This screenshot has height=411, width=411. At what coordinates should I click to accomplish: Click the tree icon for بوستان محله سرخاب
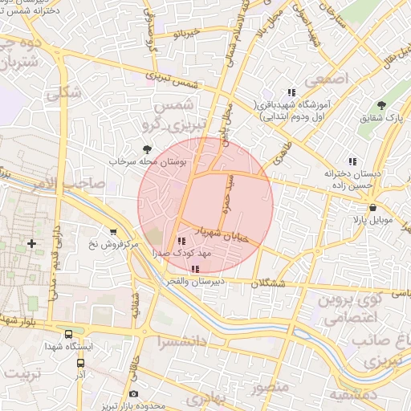(x=146, y=149)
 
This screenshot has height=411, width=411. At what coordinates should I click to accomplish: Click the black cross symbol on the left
(x=31, y=242)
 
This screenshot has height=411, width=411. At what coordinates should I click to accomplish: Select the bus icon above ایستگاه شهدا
(x=68, y=334)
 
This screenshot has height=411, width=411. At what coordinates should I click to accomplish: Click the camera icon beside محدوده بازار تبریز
(x=133, y=394)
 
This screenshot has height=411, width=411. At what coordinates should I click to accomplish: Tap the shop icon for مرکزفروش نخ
(x=112, y=231)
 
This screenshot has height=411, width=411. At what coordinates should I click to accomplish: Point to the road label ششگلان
(x=268, y=283)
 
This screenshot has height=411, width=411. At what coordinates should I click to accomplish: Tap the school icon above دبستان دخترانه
(x=349, y=161)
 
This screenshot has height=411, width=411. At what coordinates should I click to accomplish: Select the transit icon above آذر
(x=80, y=363)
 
